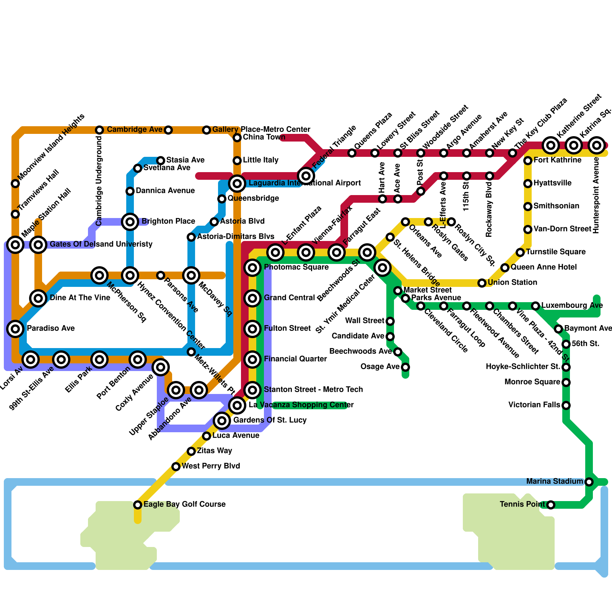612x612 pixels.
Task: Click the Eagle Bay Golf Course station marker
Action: [x=138, y=505]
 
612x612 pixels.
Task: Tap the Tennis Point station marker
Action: [x=551, y=505]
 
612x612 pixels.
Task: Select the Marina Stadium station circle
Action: [x=589, y=482]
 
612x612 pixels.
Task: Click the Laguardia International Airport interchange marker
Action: [x=237, y=184]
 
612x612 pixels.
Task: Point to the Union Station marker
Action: [x=482, y=283]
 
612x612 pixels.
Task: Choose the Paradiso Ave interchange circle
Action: [x=15, y=328]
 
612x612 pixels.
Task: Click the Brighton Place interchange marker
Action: [x=130, y=222]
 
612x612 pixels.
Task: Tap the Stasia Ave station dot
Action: [x=161, y=160]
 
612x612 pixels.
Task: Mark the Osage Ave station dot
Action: [x=405, y=367]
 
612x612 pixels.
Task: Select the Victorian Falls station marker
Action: [x=566, y=405]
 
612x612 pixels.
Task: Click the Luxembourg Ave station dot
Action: [x=535, y=306]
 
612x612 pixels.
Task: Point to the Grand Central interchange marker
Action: [x=252, y=298]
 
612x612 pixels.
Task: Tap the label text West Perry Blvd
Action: [x=211, y=466]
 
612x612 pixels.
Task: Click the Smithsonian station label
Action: [x=556, y=206]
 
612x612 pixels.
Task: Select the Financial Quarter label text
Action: [x=295, y=359]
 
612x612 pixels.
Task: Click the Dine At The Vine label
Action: [x=80, y=298]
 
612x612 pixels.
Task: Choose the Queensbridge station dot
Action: [x=222, y=199]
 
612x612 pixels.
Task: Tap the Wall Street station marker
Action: [x=390, y=321]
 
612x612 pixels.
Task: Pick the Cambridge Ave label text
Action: [x=134, y=130]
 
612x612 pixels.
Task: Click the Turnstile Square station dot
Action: [x=520, y=252]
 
